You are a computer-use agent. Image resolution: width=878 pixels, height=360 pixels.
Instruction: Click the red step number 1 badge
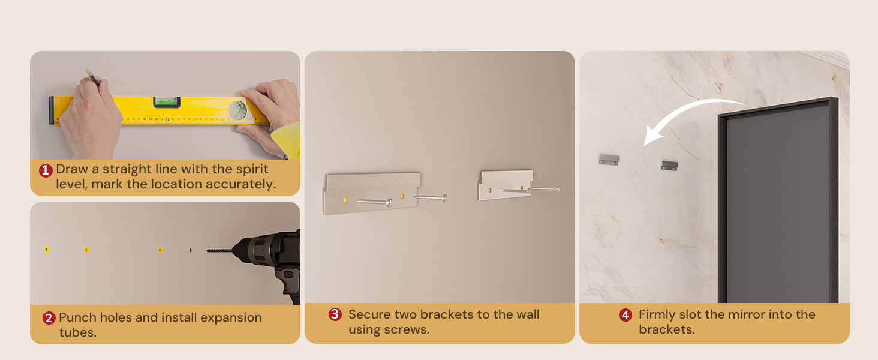[46, 170]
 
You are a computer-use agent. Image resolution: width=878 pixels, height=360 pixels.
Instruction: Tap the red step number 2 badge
[49, 318]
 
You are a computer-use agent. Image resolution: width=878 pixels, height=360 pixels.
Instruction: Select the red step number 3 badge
[335, 314]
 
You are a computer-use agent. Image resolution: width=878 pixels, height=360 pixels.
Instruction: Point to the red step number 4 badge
[625, 315]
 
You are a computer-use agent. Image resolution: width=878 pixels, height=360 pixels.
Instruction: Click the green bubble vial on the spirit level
[167, 102]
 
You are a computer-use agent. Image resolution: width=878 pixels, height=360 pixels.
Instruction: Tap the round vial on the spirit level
[238, 110]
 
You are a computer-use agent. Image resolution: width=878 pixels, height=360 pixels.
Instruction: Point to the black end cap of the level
[51, 110]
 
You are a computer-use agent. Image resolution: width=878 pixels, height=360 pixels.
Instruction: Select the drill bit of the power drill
[220, 250]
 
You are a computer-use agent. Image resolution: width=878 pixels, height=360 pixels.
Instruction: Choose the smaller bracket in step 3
[505, 185]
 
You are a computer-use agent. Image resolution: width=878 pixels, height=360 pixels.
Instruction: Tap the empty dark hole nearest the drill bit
[191, 250]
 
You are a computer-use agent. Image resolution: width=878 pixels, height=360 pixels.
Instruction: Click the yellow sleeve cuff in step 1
[287, 140]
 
